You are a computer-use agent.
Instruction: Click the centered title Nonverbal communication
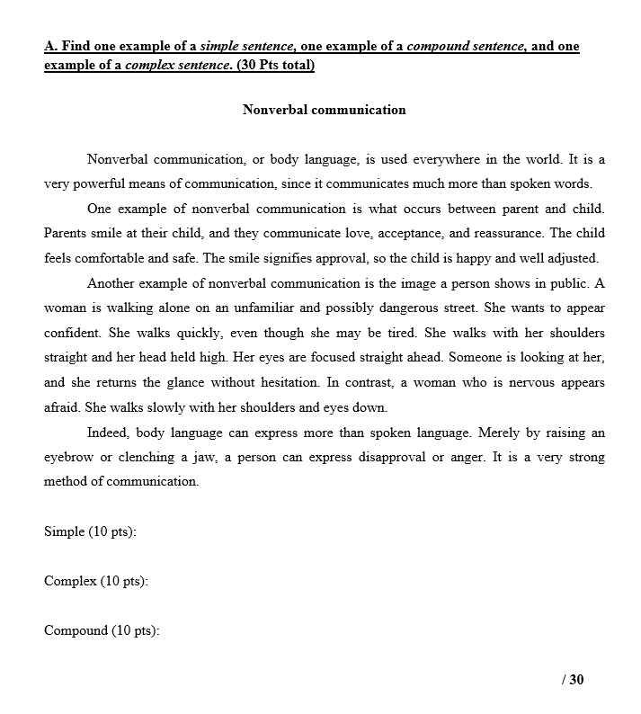pos(324,110)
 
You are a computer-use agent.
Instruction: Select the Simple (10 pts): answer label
pos(90,531)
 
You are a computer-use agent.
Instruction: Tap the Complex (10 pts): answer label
pos(95,581)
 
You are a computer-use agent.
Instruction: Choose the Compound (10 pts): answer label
pos(102,630)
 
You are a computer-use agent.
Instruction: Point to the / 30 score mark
pos(573,679)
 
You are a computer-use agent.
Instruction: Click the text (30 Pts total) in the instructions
pos(275,67)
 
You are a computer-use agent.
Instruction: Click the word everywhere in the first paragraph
pos(447,160)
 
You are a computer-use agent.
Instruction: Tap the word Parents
pos(66,234)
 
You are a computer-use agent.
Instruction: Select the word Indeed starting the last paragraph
pos(107,433)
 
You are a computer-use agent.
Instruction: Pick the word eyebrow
pos(68,457)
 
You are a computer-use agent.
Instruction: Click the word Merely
pos(499,433)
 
